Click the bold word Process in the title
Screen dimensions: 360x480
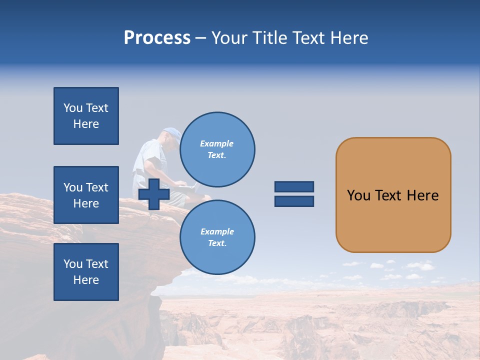point(157,38)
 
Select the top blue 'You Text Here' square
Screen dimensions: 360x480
point(86,116)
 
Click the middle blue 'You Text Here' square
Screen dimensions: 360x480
point(86,195)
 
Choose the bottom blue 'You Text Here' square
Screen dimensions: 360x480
point(86,272)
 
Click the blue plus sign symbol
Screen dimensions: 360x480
point(153,194)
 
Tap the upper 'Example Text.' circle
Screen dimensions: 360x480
point(217,149)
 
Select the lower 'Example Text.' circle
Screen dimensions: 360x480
point(217,237)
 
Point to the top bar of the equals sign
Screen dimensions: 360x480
point(294,187)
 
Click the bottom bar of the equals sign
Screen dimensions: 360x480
point(294,201)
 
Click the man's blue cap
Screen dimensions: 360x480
point(172,133)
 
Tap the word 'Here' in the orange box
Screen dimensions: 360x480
point(422,195)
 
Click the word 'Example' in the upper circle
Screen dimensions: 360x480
point(217,143)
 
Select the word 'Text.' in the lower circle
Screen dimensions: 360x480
point(217,243)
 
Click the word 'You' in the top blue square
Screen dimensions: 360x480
point(73,108)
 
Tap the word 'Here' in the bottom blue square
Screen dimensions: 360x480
point(86,280)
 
